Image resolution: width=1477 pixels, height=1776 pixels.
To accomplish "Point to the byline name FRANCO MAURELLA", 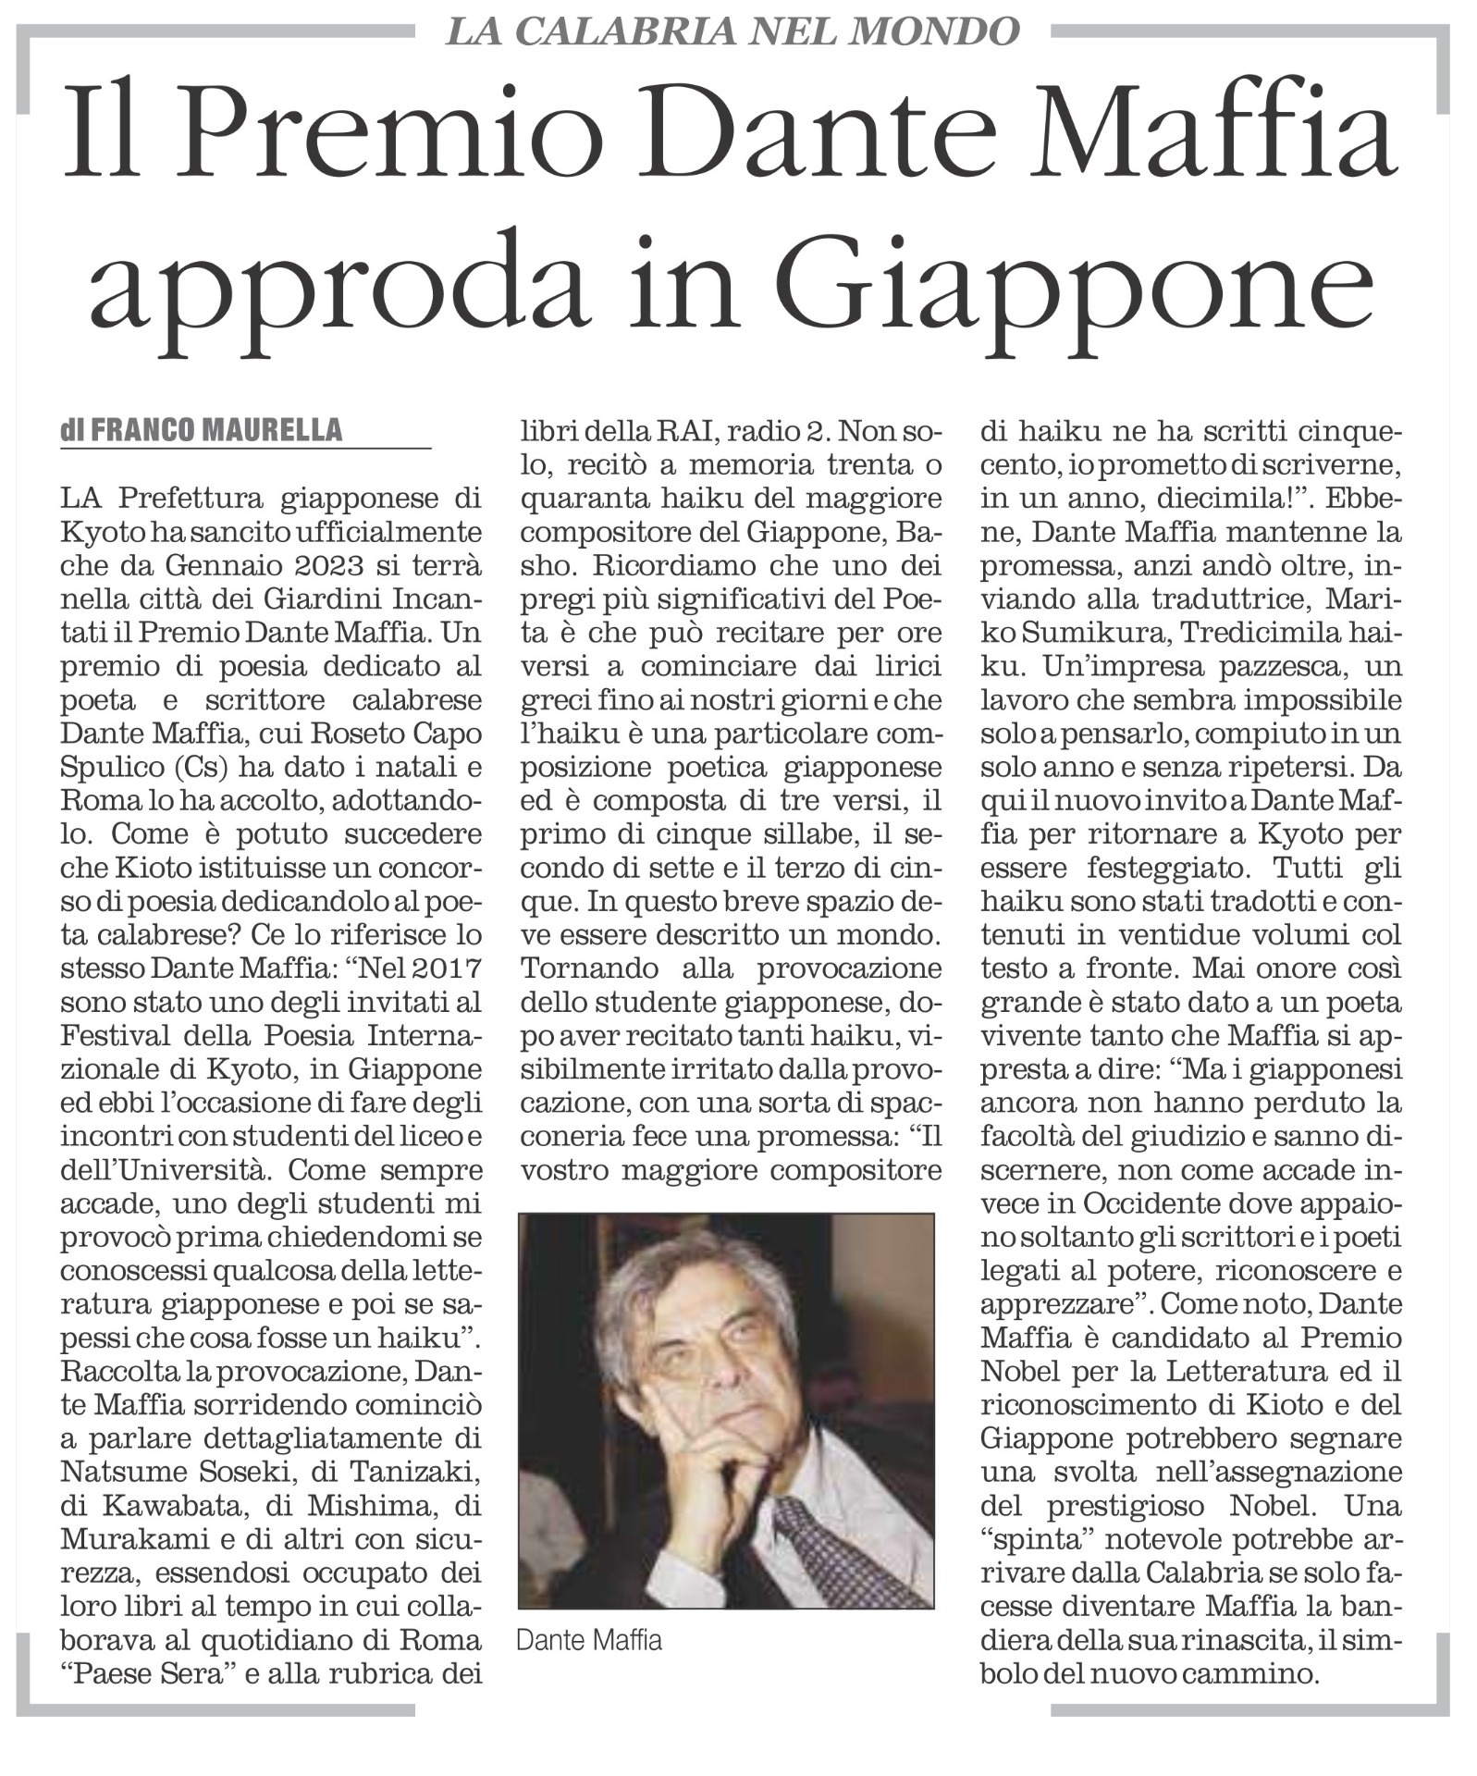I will pos(216,430).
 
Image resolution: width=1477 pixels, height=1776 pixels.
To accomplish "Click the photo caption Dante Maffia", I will pos(589,1640).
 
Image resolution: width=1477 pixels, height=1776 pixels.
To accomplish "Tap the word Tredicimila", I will pos(1263,633).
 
